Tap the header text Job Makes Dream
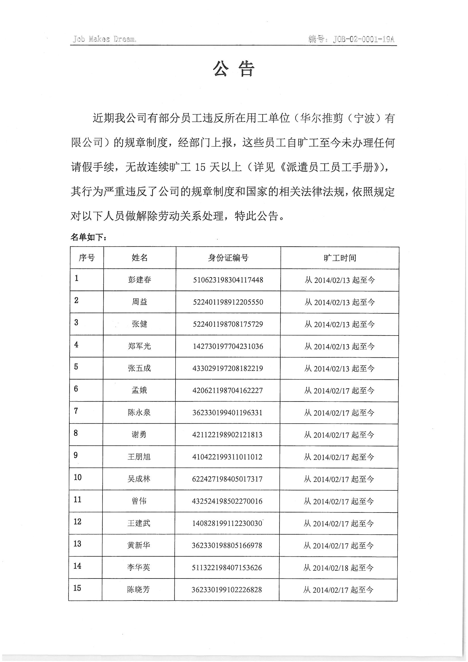coord(104,39)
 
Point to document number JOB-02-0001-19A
coord(363,39)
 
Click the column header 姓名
coord(140,258)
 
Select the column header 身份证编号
coord(228,258)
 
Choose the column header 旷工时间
coord(340,258)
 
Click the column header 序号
coord(87,258)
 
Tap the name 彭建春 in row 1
coord(140,280)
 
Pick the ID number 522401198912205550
coord(228,302)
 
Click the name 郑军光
coord(139,346)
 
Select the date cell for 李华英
coord(338,568)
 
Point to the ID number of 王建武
coord(227,523)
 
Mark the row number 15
coord(77,588)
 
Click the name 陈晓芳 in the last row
coord(138,590)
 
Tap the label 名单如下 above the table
coord(89,237)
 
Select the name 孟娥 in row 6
coord(139,390)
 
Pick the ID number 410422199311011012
coord(227,457)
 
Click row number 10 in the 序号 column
coord(78,477)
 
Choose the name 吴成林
coord(139,479)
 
